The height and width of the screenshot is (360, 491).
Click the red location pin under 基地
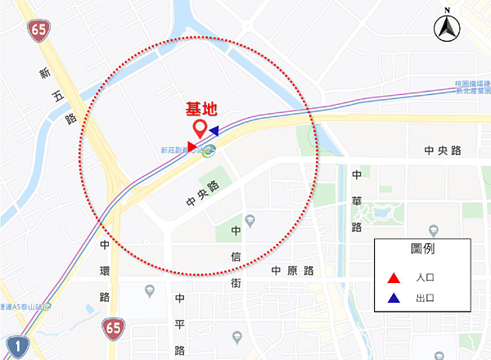[199, 129]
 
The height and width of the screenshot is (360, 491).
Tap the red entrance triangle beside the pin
[191, 146]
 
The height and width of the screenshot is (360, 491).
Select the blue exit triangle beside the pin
[213, 130]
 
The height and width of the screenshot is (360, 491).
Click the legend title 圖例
[420, 249]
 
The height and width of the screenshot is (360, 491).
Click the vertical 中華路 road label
[356, 200]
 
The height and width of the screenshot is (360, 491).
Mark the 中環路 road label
[105, 270]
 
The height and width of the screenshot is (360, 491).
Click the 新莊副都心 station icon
[209, 150]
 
